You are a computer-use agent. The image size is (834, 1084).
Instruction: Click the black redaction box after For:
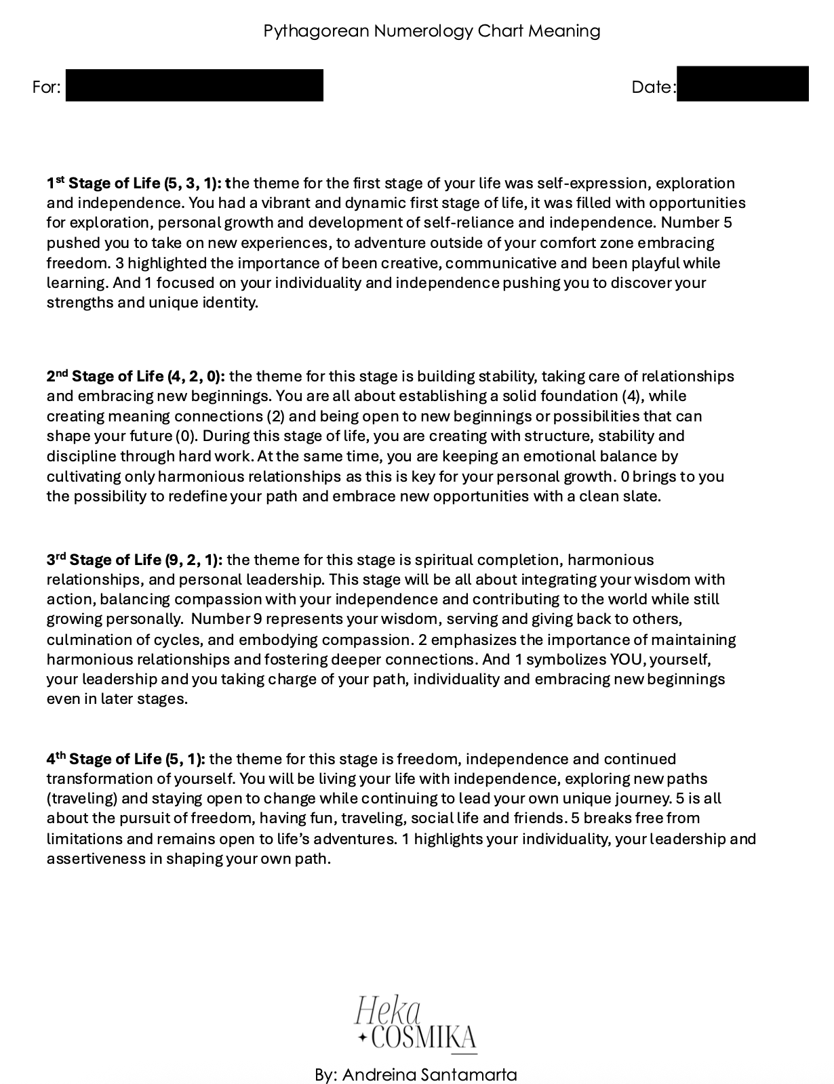(194, 85)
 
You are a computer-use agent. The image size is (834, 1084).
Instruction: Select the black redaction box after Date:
(742, 84)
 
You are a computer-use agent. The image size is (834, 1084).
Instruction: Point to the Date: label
(654, 87)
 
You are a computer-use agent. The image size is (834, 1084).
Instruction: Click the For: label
(46, 87)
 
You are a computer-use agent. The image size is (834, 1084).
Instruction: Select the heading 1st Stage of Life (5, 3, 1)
(134, 184)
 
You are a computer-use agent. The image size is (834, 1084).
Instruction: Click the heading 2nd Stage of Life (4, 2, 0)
(136, 377)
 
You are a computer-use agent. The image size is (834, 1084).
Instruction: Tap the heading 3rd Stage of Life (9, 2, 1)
(134, 560)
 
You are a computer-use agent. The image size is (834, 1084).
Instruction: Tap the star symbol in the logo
(363, 1037)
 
